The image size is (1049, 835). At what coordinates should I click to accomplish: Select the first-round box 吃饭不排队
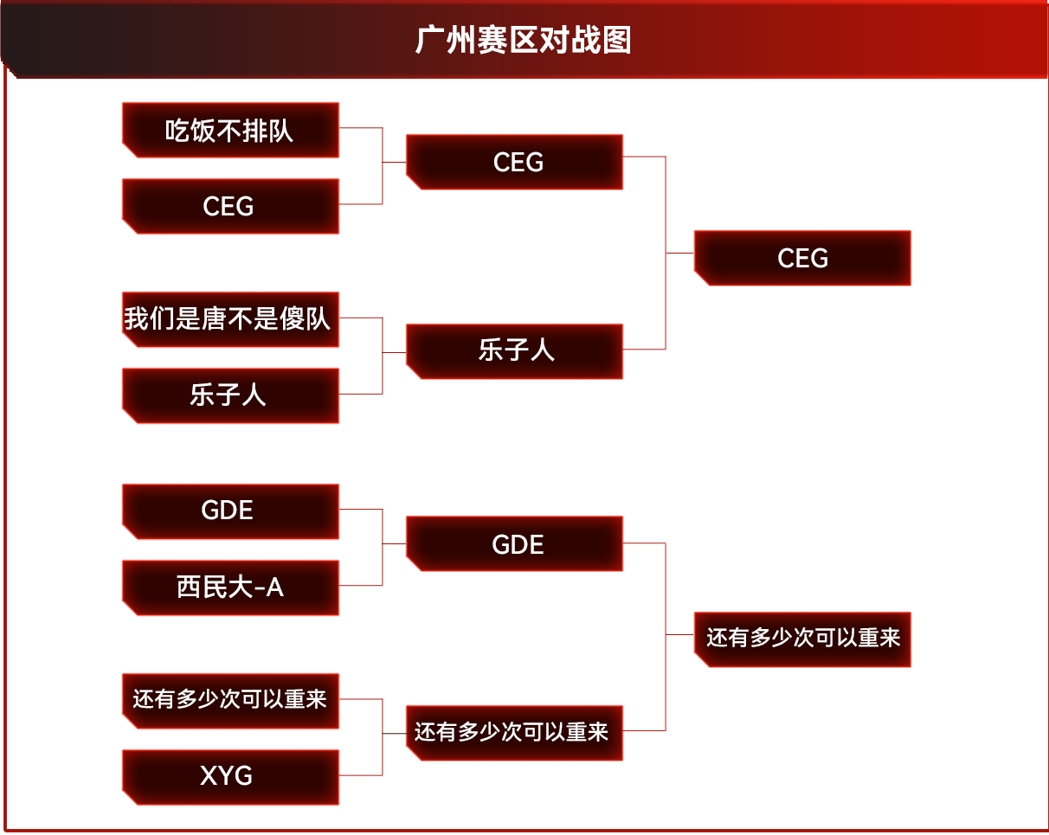click(x=230, y=131)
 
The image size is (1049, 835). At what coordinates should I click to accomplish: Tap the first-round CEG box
click(x=230, y=207)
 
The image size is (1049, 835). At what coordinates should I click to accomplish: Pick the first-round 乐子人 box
click(x=230, y=395)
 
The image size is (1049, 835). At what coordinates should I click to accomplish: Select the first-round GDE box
click(x=230, y=511)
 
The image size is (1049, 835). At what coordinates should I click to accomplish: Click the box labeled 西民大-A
click(x=230, y=588)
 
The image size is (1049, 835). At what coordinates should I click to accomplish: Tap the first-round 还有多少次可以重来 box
click(x=230, y=700)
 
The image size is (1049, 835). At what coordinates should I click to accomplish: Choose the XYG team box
click(x=230, y=776)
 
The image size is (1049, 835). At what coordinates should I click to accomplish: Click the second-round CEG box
click(x=514, y=162)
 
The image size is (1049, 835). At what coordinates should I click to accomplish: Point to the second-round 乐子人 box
click(x=514, y=351)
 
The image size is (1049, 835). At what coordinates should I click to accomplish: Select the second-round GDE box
click(x=514, y=544)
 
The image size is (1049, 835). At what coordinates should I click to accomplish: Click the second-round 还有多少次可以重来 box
click(x=514, y=733)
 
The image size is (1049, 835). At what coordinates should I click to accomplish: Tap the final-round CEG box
click(x=802, y=258)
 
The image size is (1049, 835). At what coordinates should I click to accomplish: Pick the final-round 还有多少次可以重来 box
click(x=802, y=639)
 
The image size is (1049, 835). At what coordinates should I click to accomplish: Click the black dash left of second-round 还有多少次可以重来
click(x=394, y=734)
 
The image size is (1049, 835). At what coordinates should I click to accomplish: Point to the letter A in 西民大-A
click(x=274, y=588)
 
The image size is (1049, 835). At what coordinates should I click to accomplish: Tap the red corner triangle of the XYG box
click(x=128, y=800)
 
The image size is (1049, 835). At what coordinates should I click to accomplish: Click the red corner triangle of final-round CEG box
click(x=699, y=279)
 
